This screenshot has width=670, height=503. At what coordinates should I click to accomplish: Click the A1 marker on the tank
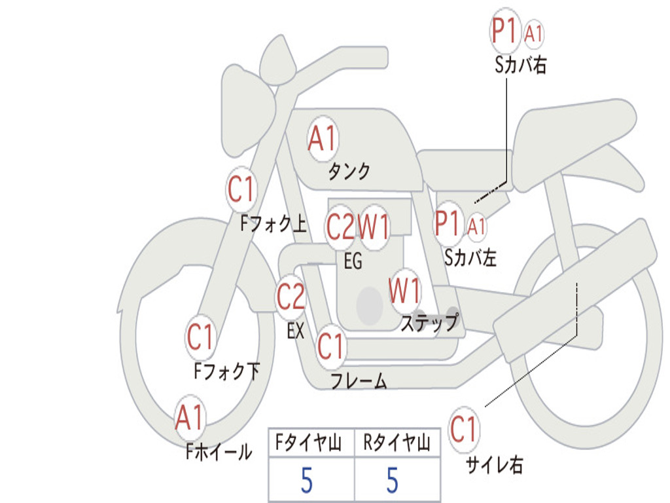[x=323, y=139]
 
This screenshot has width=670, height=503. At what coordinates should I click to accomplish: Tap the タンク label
[x=349, y=172]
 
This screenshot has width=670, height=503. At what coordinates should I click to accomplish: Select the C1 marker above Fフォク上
[x=241, y=189]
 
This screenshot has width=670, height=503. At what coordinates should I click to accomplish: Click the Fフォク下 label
[x=227, y=371]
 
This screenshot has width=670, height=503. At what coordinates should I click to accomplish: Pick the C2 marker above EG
[x=340, y=226]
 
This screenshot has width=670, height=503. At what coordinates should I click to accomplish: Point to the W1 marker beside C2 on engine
[x=374, y=226]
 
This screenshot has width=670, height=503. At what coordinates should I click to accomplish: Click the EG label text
[x=353, y=261]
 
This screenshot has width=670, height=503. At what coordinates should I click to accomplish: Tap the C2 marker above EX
[x=291, y=297]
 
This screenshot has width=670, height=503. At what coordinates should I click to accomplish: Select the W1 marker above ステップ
[x=404, y=291]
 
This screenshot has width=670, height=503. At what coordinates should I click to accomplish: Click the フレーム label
[x=359, y=381]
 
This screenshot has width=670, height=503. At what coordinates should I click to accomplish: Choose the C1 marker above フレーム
[x=330, y=346]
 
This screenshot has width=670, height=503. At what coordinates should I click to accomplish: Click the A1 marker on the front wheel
[x=189, y=417]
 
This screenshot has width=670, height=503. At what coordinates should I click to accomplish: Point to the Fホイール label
[x=219, y=452]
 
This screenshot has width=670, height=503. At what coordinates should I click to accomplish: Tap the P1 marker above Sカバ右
[x=504, y=31]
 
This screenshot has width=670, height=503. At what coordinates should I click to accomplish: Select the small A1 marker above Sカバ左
[x=476, y=226]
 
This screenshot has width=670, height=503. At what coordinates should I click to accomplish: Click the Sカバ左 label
[x=470, y=257]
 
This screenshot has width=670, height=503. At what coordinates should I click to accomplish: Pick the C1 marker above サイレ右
[x=464, y=429]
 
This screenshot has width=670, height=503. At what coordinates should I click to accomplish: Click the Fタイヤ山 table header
[x=309, y=442]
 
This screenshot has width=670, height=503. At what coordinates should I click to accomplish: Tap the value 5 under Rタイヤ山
[x=393, y=480]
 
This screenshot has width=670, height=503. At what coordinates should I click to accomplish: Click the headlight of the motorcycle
[x=247, y=112]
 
